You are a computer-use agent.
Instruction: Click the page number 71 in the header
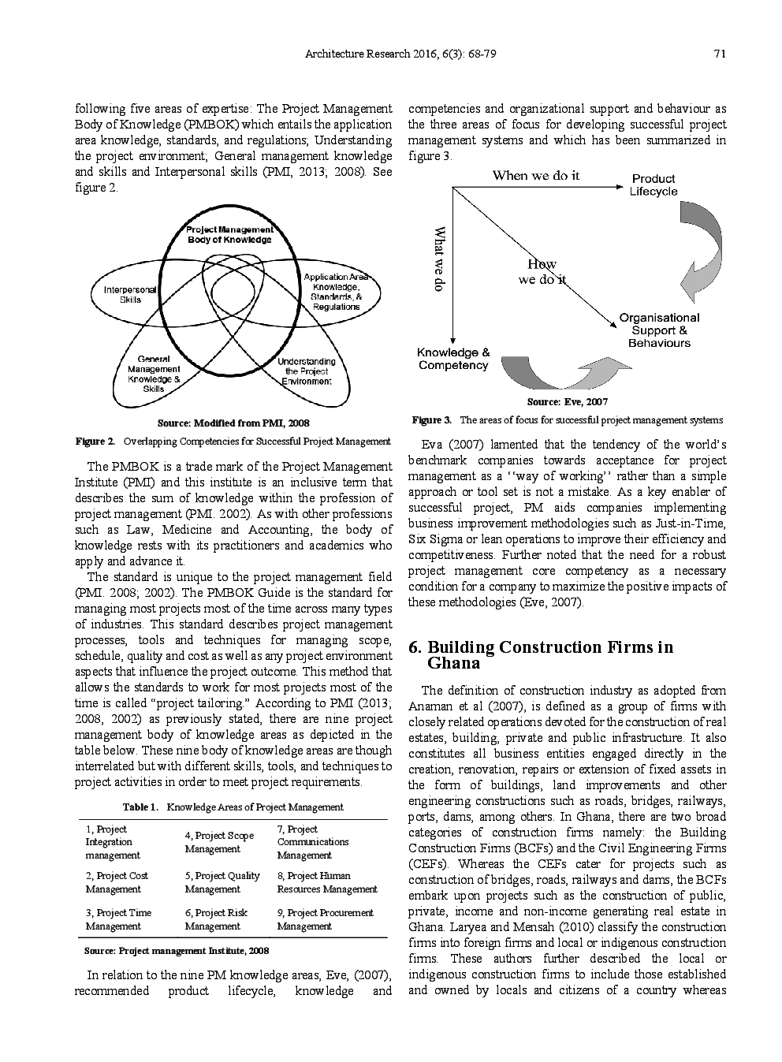pyautogui.click(x=719, y=54)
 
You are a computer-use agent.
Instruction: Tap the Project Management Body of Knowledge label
pyautogui.click(x=229, y=234)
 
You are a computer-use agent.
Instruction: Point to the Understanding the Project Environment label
pyautogui.click(x=307, y=371)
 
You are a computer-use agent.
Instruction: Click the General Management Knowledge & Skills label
pyautogui.click(x=154, y=374)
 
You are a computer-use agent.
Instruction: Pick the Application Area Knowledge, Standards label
pyautogui.click(x=336, y=292)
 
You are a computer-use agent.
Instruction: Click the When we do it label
pyautogui.click(x=535, y=175)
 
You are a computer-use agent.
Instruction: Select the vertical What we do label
pyautogui.click(x=441, y=259)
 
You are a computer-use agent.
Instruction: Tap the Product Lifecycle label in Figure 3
pyautogui.click(x=654, y=185)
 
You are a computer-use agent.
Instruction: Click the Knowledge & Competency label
pyautogui.click(x=453, y=359)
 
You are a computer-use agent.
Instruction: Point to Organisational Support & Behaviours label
pyautogui.click(x=659, y=330)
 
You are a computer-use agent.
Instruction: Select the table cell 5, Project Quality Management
pyautogui.click(x=222, y=882)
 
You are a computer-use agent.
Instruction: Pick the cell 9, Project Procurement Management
pyautogui.click(x=325, y=919)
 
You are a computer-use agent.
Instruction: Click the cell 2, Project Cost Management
pyautogui.click(x=117, y=882)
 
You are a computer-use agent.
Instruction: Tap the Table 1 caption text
pyautogui.click(x=233, y=807)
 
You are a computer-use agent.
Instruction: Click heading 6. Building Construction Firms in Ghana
pyautogui.click(x=541, y=654)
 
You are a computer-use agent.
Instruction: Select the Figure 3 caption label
pyautogui.click(x=431, y=419)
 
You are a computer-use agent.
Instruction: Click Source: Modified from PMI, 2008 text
pyautogui.click(x=233, y=423)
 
